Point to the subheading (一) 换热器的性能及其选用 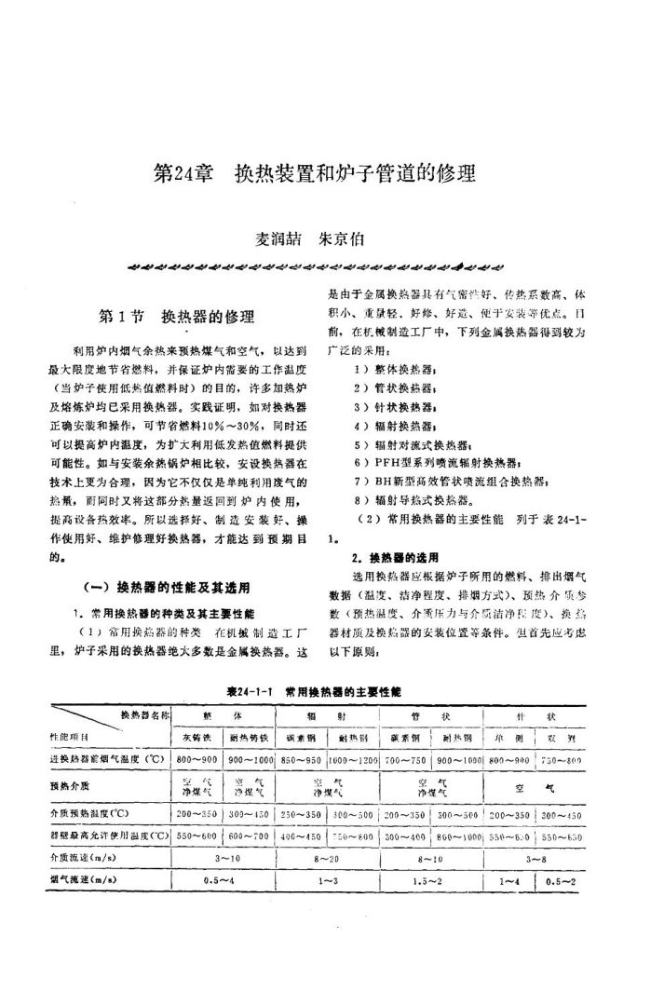pos(169,587)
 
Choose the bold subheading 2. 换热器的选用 pos(395,557)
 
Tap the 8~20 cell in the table pos(329,855)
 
